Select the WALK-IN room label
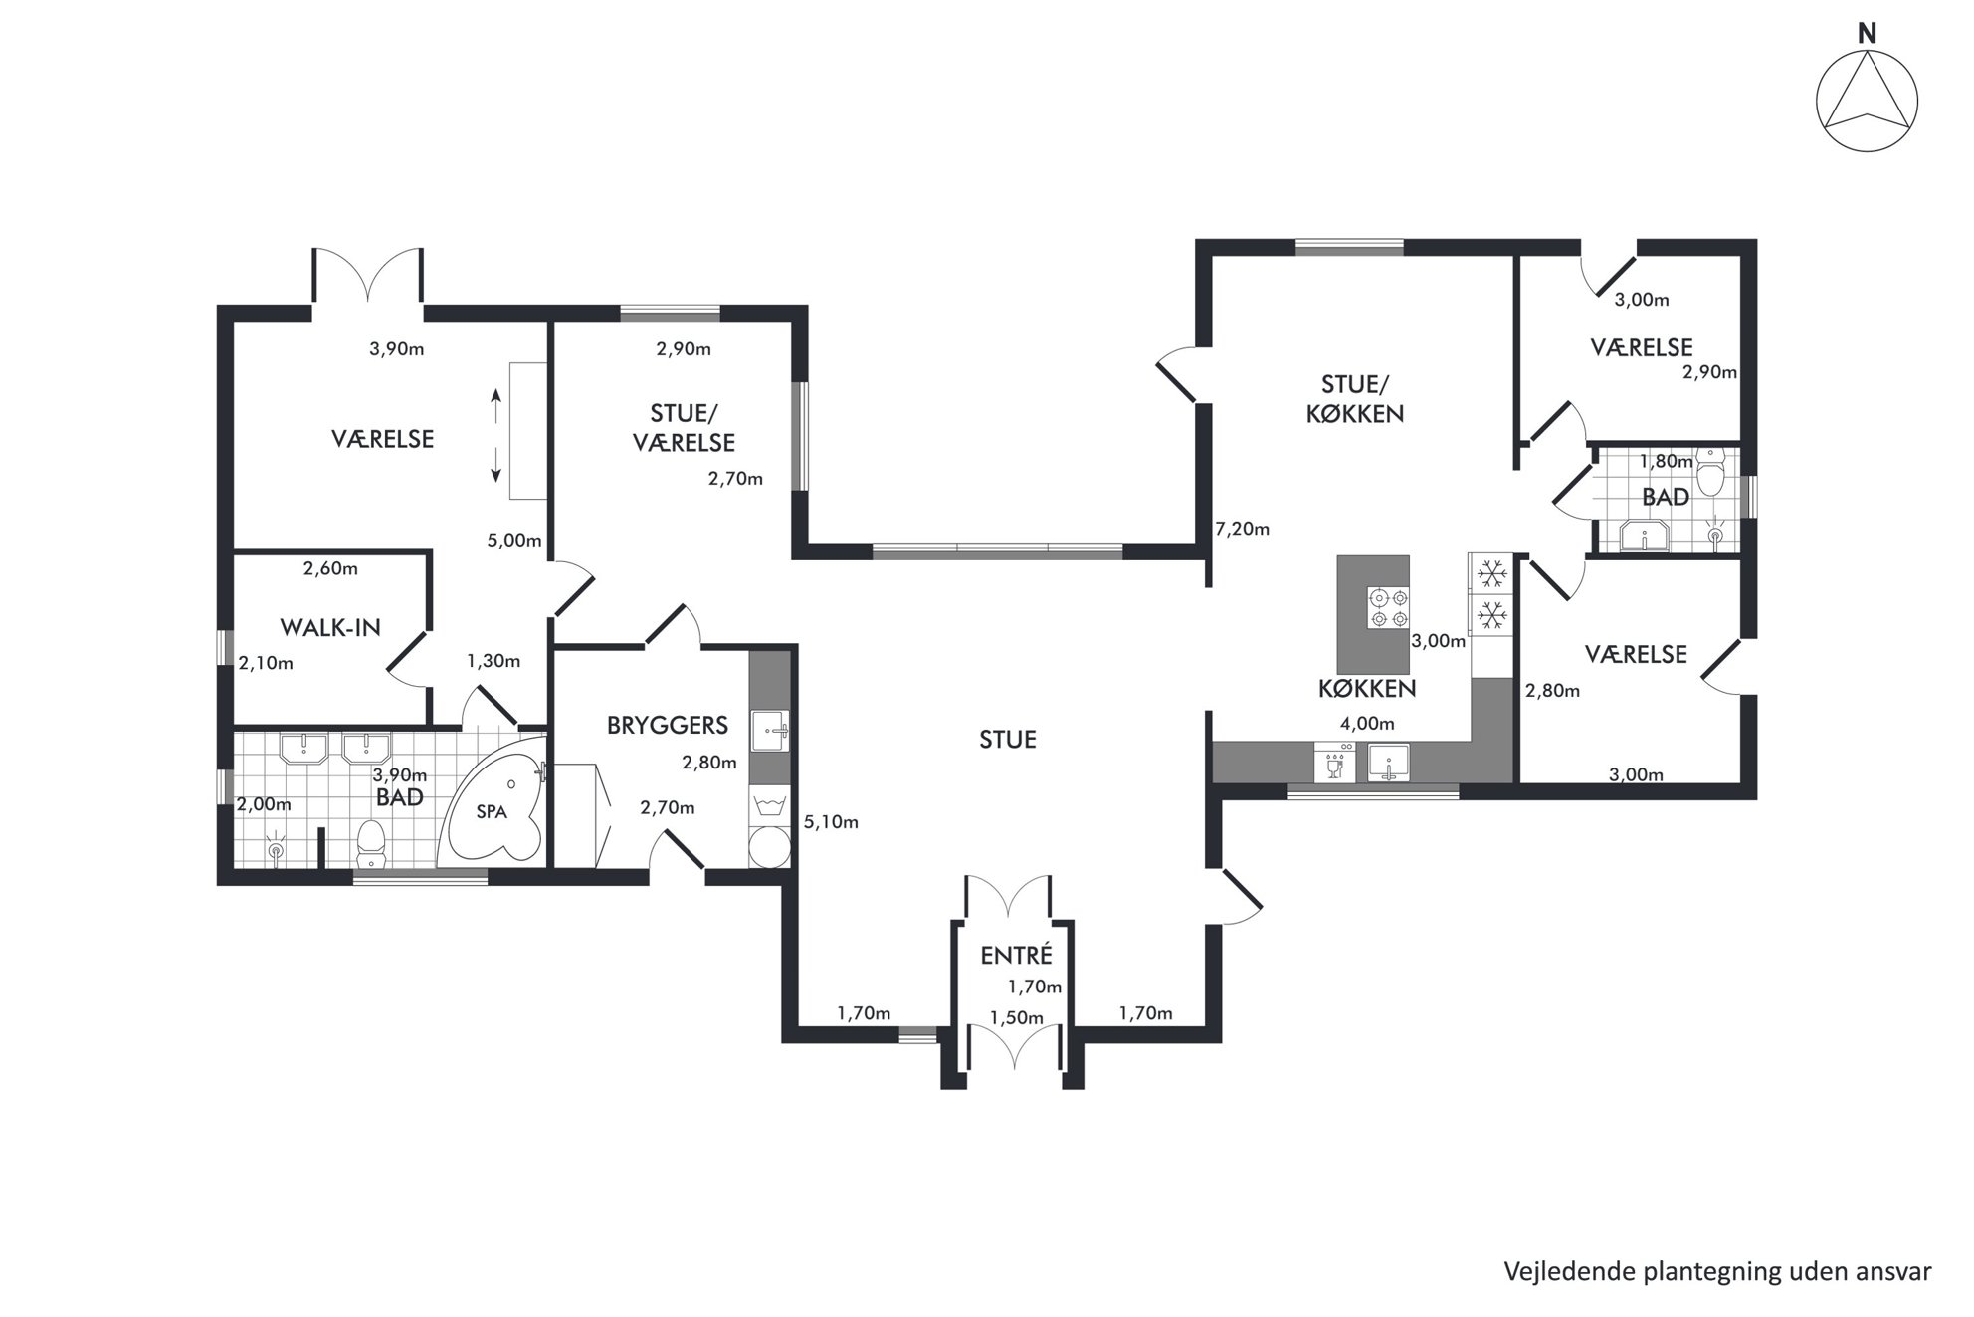click(x=330, y=627)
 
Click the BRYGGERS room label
click(x=668, y=725)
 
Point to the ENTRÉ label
click(x=1016, y=955)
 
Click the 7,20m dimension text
click(x=1243, y=529)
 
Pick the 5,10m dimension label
click(x=831, y=822)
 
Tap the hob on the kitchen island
click(x=1389, y=608)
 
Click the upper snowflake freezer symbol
click(x=1490, y=574)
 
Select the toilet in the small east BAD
click(x=1710, y=474)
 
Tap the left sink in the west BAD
click(x=305, y=748)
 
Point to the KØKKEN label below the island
click(x=1366, y=688)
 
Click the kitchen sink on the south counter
click(x=1389, y=763)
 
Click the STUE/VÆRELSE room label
click(x=684, y=427)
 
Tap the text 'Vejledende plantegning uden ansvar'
click(x=1717, y=1271)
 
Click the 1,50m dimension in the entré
click(x=1016, y=1017)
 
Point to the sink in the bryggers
click(x=770, y=731)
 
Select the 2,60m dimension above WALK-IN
click(x=330, y=568)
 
